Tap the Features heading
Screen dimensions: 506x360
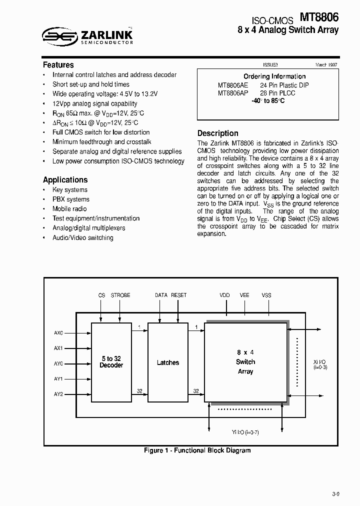[58, 65]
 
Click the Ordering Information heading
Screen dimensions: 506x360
[274, 76]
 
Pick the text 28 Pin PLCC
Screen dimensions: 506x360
[277, 93]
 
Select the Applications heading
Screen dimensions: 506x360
[65, 180]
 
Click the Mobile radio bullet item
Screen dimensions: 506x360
[69, 209]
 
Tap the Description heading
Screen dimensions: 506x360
[217, 133]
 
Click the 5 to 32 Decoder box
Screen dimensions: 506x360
[111, 362]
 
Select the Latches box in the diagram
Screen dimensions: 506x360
[167, 362]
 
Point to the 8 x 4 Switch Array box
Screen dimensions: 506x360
[245, 362]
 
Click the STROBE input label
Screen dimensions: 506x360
[120, 295]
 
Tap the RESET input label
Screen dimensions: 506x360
[178, 295]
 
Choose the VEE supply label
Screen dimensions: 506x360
[244, 295]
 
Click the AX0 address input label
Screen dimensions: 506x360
[58, 333]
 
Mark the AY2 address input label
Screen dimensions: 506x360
[58, 394]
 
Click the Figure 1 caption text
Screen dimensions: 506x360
[197, 450]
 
